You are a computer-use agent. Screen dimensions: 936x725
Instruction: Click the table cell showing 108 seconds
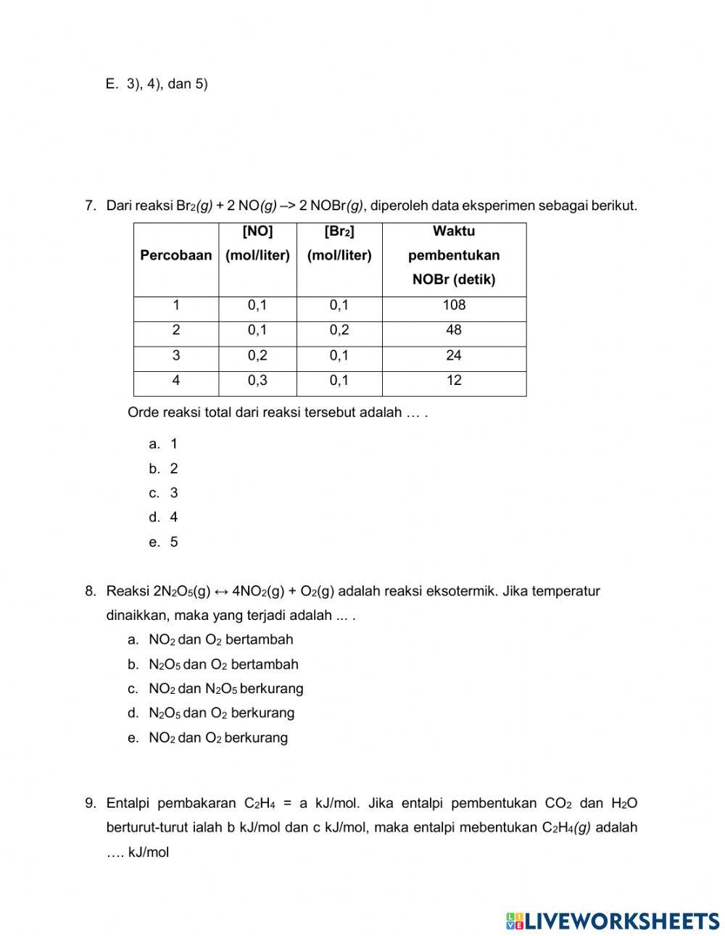point(454,305)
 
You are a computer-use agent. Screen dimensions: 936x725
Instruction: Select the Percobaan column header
point(175,255)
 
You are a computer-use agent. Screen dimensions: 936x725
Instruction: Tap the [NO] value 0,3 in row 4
point(257,380)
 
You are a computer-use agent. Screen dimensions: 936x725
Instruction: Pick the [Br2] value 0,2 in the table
point(339,330)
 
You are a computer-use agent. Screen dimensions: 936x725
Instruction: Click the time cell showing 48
point(454,330)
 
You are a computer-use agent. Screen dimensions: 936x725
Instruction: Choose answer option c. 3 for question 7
point(164,493)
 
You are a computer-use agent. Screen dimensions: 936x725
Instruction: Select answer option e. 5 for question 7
point(164,542)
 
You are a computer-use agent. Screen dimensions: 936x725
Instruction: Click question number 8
point(91,591)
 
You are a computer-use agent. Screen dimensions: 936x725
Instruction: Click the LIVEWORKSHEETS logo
point(612,921)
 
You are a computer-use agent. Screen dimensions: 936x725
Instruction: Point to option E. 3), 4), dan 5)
point(157,84)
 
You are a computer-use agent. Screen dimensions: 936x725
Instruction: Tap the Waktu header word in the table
point(454,231)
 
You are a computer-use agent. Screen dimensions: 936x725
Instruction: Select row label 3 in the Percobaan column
point(176,355)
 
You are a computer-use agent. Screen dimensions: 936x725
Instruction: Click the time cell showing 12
point(454,380)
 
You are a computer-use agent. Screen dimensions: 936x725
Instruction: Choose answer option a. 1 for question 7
point(164,444)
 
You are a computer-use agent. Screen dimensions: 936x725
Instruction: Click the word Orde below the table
point(143,413)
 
